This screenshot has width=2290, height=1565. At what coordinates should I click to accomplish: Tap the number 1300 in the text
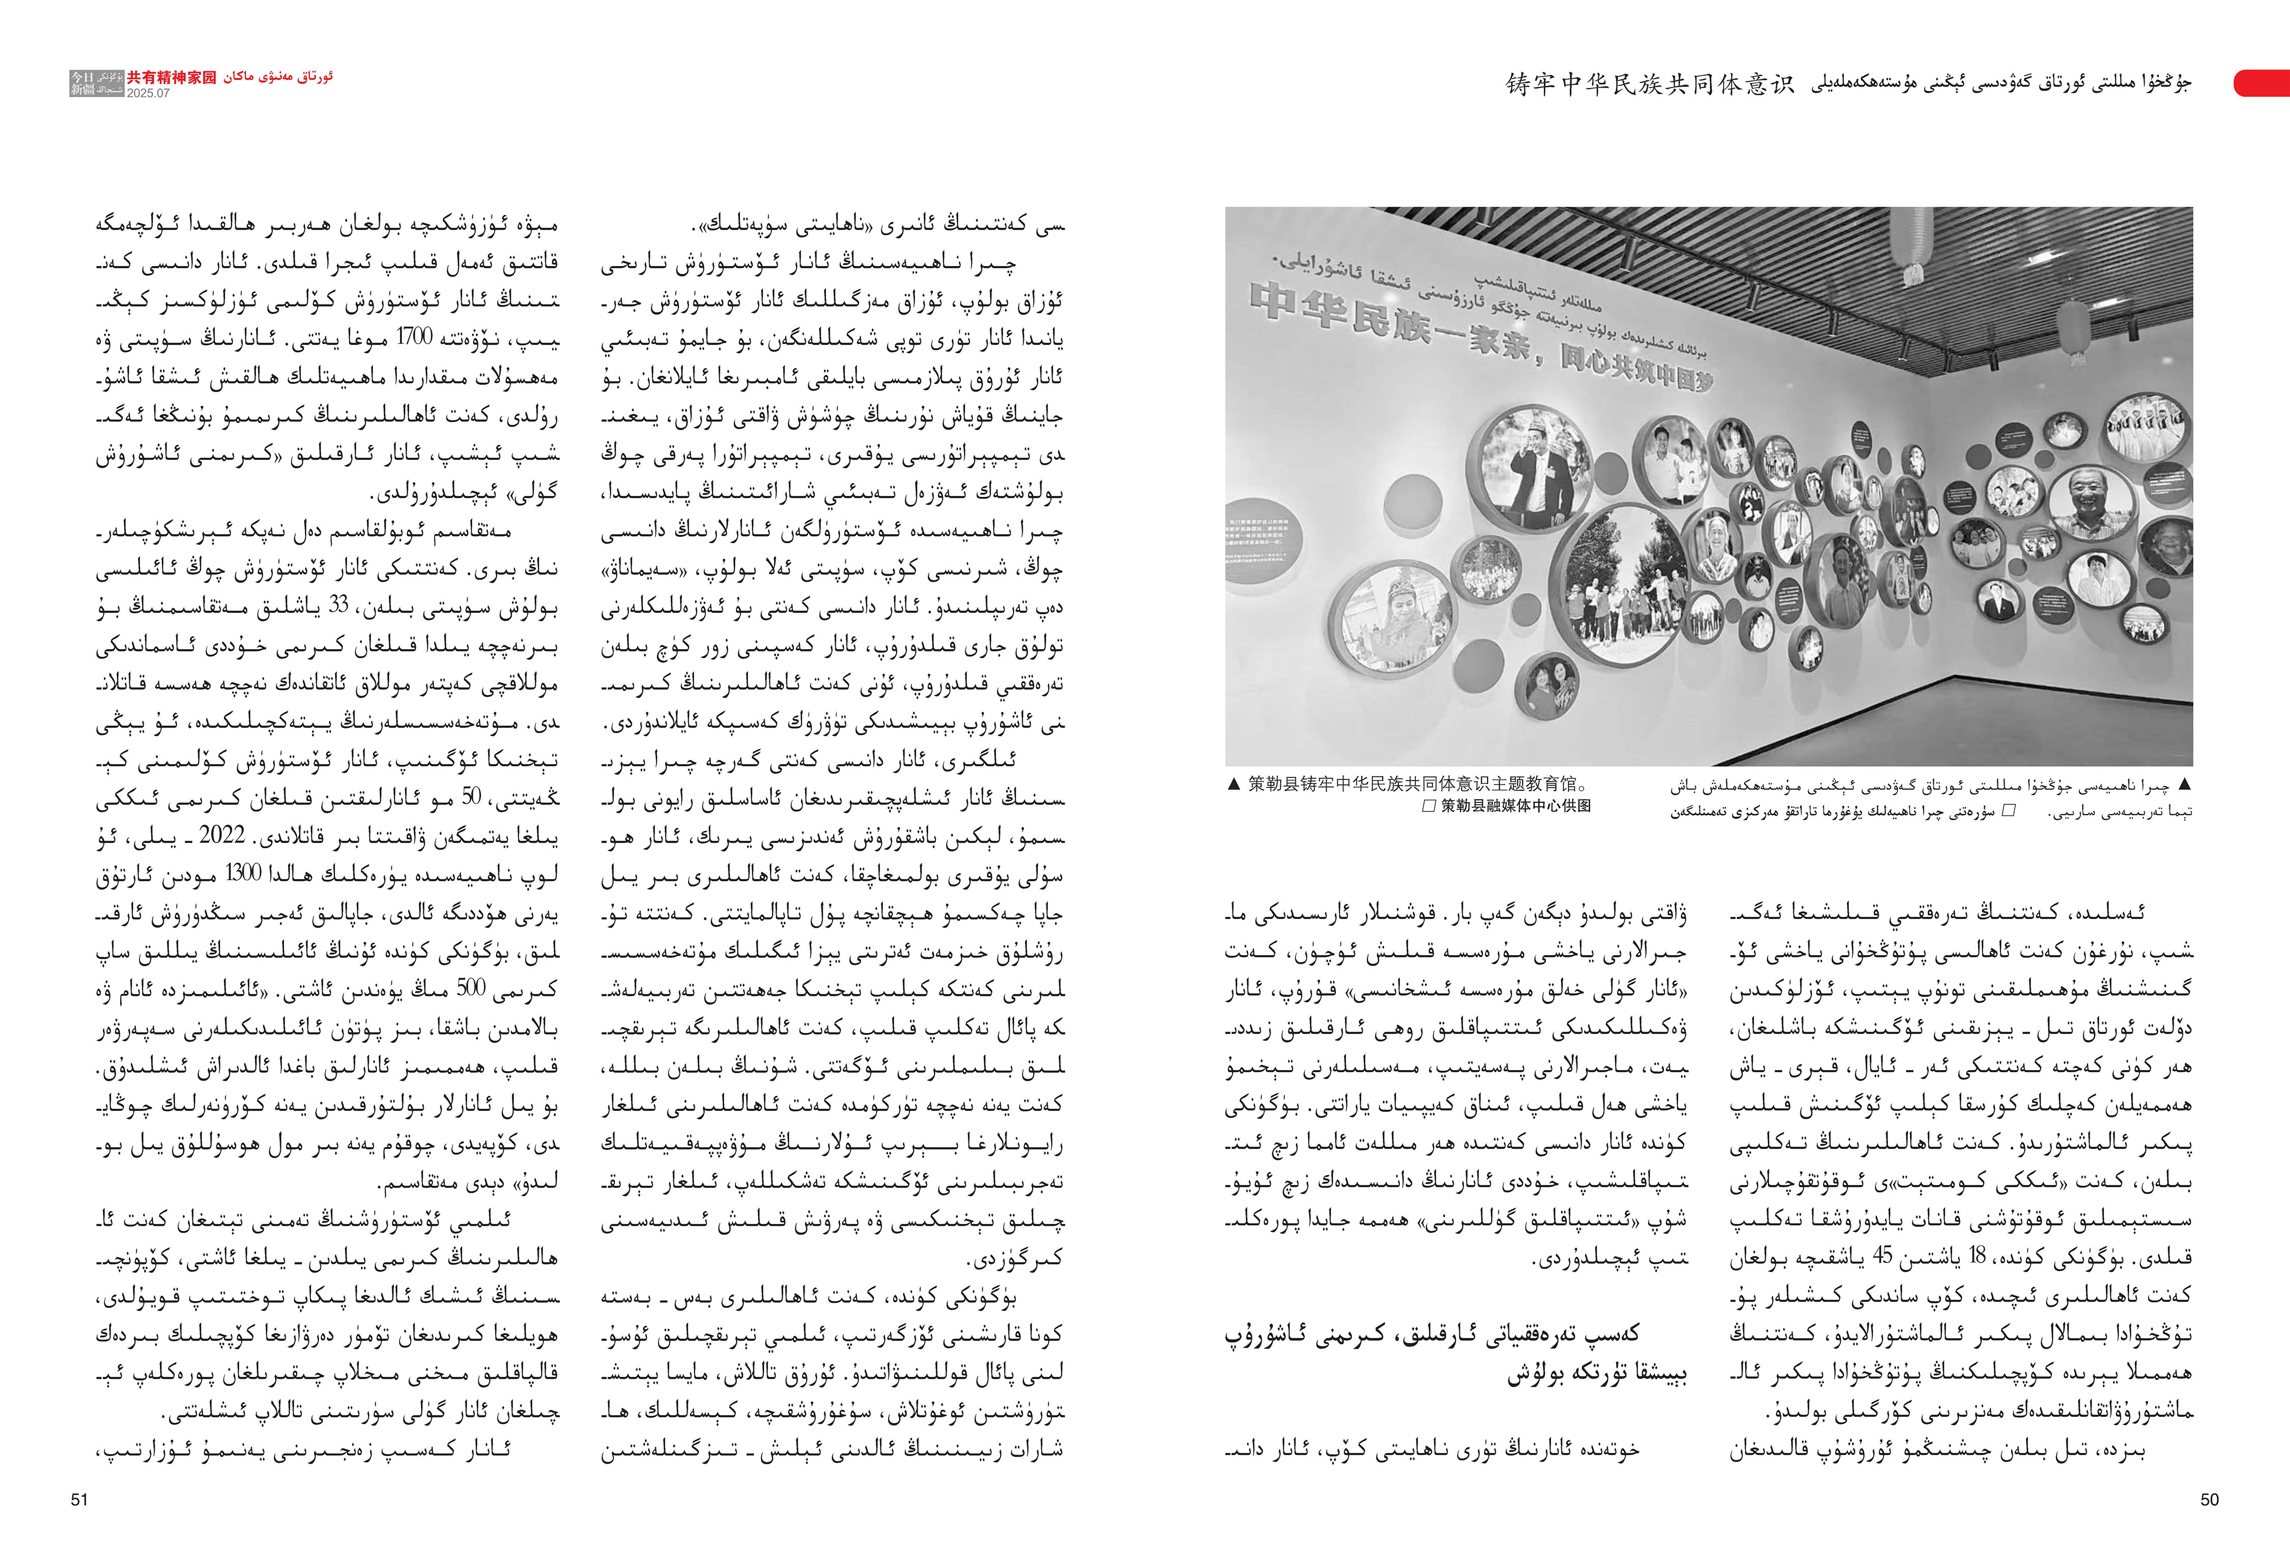tap(243, 872)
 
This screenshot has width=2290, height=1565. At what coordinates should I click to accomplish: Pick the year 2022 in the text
tap(222, 835)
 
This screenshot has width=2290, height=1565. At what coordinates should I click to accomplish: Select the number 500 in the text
tap(471, 988)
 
